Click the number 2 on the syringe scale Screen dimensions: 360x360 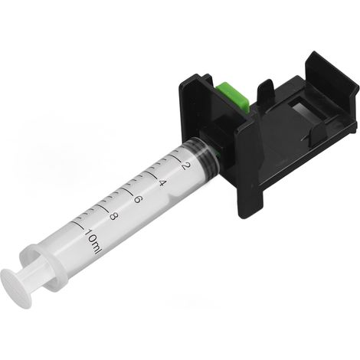[x=186, y=166]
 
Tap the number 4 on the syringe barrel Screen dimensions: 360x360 [x=162, y=183]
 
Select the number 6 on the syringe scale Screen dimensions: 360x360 [x=138, y=199]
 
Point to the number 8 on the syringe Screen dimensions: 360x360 [x=113, y=217]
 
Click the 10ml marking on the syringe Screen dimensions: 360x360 [x=92, y=241]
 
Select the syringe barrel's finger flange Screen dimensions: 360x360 [x=44, y=266]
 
